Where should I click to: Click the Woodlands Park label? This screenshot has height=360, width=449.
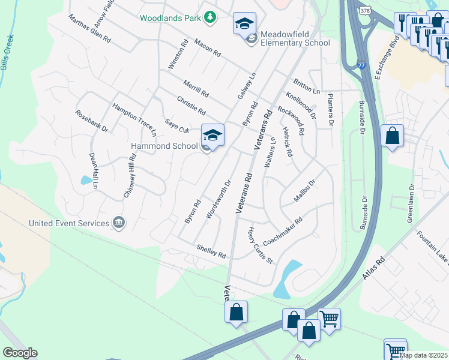click(x=170, y=18)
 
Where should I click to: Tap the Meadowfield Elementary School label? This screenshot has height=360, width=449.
click(x=292, y=43)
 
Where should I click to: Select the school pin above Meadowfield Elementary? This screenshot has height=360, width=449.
click(x=244, y=25)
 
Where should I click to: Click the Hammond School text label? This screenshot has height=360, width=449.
click(x=164, y=146)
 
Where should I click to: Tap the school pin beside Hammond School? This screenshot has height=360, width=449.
click(x=212, y=136)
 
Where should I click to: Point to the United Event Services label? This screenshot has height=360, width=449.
click(x=70, y=223)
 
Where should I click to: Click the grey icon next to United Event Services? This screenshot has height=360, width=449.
click(x=119, y=223)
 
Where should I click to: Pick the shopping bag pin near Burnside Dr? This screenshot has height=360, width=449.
click(x=392, y=136)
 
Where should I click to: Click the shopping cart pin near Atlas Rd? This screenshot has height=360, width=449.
click(x=329, y=319)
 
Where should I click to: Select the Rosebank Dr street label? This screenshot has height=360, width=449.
click(x=91, y=121)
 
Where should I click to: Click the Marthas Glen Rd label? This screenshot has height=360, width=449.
click(x=90, y=28)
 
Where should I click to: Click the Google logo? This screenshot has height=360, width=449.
click(x=20, y=353)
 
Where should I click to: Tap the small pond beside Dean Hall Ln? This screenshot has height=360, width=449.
click(x=87, y=179)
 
